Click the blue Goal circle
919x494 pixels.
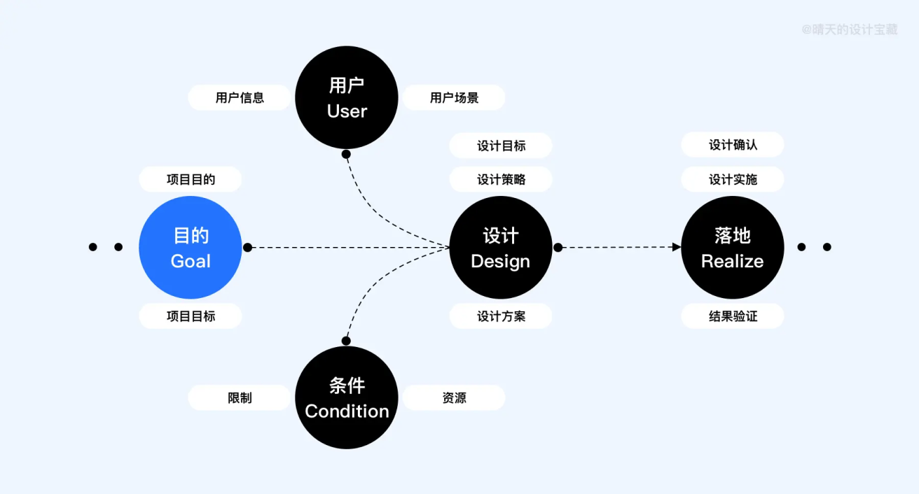(x=191, y=247)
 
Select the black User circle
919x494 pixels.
(x=347, y=97)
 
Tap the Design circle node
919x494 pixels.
(x=501, y=247)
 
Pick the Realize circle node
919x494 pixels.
(x=733, y=247)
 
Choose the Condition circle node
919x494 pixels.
(x=347, y=397)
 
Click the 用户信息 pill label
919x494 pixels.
(x=240, y=97)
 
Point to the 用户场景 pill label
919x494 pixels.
(x=454, y=97)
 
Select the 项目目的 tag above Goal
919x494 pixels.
(x=191, y=179)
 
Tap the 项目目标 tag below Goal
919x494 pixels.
(x=191, y=316)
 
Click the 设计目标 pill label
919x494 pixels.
(x=501, y=146)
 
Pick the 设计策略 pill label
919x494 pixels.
(x=501, y=179)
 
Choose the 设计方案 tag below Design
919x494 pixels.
(x=501, y=316)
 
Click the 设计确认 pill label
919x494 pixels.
(x=733, y=145)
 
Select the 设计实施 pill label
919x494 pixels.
(x=733, y=179)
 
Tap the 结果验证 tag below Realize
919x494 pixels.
(x=733, y=316)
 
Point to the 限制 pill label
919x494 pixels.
(x=240, y=397)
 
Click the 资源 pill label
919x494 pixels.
(x=454, y=397)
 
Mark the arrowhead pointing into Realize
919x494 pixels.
(x=677, y=247)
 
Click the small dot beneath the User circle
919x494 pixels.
(x=346, y=154)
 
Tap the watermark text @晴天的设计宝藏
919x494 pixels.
(x=849, y=29)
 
